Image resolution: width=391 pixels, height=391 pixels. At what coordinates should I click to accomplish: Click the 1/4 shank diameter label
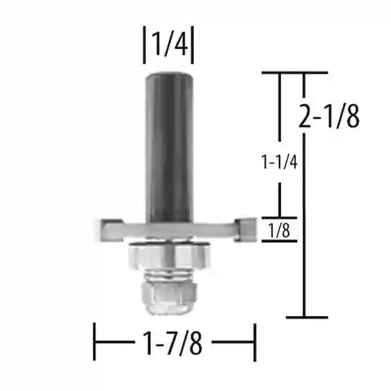point(169,44)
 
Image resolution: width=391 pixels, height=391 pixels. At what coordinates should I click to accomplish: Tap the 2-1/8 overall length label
point(329,116)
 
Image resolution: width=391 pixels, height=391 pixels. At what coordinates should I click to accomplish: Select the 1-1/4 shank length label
point(279,162)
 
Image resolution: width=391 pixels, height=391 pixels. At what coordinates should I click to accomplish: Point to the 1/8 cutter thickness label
point(279,231)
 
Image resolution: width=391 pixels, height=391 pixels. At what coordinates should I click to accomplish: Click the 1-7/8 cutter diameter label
point(173,343)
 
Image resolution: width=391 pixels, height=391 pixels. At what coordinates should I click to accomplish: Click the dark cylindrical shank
point(169,147)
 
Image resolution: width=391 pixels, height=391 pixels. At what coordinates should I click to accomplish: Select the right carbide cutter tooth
point(245,230)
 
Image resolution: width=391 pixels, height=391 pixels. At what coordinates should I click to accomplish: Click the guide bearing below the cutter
point(169,256)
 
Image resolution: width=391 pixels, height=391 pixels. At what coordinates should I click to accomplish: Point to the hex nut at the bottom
point(169,297)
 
